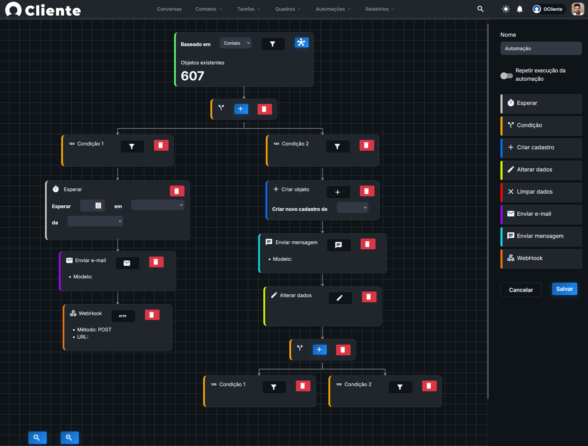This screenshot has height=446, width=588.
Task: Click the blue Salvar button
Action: tap(564, 289)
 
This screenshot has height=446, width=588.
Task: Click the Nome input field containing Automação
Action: tap(541, 48)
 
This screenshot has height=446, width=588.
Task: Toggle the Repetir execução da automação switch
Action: tap(506, 75)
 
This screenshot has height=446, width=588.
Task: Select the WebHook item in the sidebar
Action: tap(541, 258)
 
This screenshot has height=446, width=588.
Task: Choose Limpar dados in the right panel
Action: tap(541, 192)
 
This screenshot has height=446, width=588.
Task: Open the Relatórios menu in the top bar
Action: tap(379, 9)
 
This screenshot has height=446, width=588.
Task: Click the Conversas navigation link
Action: tap(169, 9)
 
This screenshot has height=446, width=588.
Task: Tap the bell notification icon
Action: tap(519, 9)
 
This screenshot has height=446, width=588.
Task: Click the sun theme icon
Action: tap(506, 9)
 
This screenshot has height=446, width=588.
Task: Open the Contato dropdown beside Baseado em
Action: tap(236, 43)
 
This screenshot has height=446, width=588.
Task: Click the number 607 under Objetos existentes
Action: tap(192, 76)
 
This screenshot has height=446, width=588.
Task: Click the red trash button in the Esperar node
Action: tap(177, 191)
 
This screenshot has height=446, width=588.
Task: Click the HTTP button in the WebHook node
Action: tap(123, 316)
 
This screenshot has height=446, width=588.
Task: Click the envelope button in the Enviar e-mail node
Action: tap(127, 263)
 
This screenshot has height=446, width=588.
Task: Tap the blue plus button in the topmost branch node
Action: tap(241, 109)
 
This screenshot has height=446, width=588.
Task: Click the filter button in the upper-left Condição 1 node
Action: tap(132, 146)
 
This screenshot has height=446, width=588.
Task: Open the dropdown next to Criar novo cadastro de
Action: tap(352, 207)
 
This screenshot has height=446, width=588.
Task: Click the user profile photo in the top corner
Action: tap(577, 9)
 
